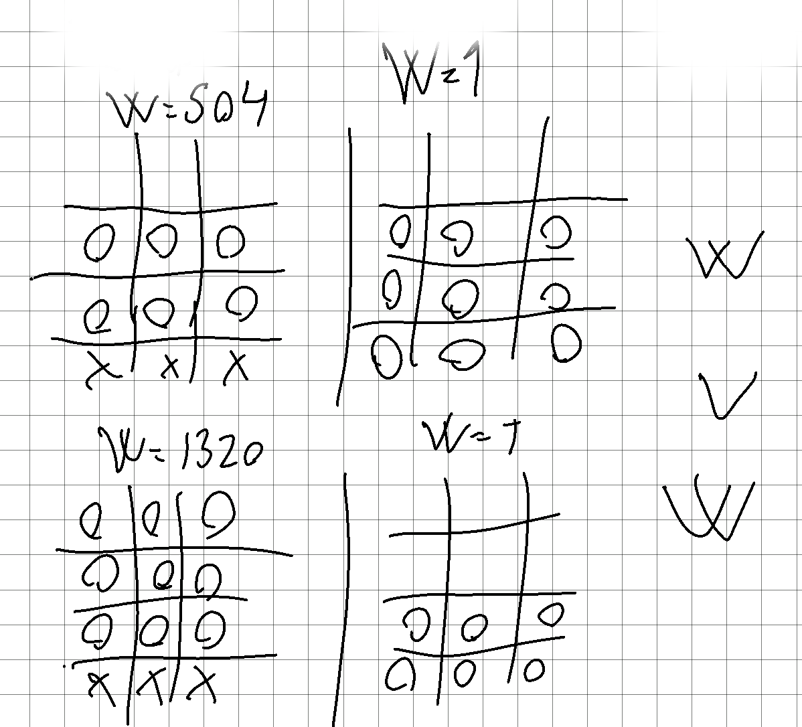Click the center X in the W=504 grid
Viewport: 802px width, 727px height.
171,366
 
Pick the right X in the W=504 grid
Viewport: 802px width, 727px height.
235,366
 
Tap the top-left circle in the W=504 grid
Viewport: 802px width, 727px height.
100,242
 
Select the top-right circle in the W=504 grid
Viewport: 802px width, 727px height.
230,242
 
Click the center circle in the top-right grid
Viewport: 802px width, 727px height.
461,297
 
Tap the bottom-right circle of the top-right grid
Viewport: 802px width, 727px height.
566,343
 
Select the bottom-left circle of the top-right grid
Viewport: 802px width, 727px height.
387,357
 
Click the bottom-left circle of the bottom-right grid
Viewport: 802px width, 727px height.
400,675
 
